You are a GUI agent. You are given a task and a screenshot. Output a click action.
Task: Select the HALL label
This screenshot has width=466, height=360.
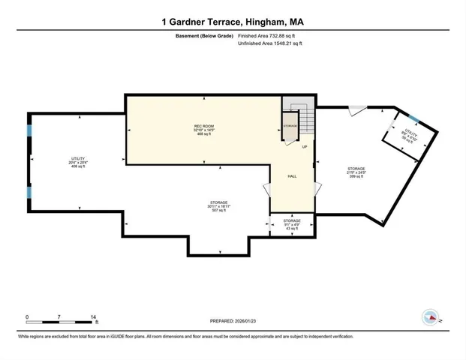pyautogui.click(x=293, y=176)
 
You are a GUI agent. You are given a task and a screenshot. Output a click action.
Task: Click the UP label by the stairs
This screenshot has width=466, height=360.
pyautogui.click(x=304, y=147)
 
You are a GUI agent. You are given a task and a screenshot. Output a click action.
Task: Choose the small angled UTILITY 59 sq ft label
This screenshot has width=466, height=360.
pyautogui.click(x=409, y=136)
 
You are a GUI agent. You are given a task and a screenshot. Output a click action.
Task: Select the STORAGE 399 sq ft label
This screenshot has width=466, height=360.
pyautogui.click(x=355, y=172)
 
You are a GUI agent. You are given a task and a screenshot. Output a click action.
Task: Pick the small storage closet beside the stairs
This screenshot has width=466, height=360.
pyautogui.click(x=290, y=126)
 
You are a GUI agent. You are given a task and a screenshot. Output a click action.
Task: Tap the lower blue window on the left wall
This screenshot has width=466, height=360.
pyautogui.click(x=29, y=192)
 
